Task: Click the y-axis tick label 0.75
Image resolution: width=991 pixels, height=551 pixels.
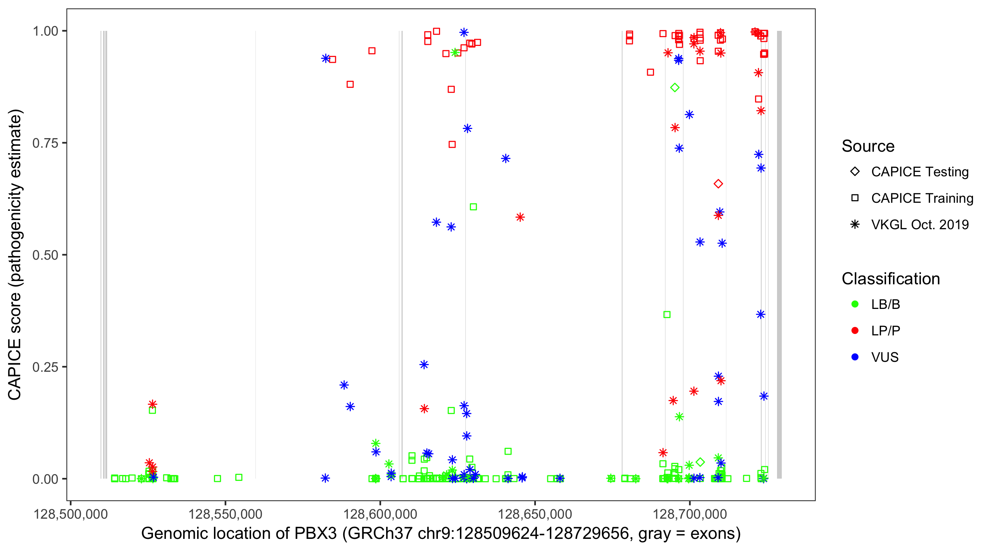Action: tap(45, 143)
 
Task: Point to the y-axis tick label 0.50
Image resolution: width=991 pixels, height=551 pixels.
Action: tap(45, 255)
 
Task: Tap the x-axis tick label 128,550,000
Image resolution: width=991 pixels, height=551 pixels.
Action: tap(225, 514)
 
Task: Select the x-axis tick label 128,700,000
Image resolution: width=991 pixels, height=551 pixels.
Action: tap(690, 514)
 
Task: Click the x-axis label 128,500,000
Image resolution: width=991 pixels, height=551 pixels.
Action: tap(70, 514)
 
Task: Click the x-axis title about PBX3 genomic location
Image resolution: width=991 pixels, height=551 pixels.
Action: tap(441, 534)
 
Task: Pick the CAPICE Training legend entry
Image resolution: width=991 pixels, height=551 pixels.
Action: tap(855, 198)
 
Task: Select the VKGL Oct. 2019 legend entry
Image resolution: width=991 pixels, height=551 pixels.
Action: tap(855, 224)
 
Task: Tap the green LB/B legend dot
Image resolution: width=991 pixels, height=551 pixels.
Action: tap(855, 304)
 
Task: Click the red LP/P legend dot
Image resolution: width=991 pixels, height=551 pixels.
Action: tap(855, 331)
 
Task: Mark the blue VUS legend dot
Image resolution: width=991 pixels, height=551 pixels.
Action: tap(855, 357)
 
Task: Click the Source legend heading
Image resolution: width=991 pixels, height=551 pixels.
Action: tap(868, 146)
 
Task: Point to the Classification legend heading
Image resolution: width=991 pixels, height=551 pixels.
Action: tap(890, 279)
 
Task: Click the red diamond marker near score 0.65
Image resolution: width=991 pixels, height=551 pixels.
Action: tap(718, 184)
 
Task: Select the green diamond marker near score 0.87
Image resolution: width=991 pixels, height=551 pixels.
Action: tap(675, 88)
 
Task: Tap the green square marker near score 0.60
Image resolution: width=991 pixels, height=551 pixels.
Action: tap(473, 207)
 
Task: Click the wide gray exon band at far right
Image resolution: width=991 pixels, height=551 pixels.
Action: tap(780, 254)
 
